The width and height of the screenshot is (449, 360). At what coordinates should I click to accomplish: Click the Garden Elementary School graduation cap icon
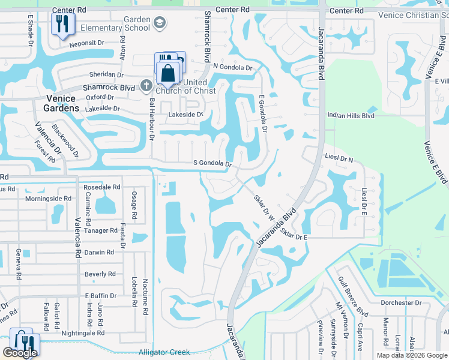pos(159,23)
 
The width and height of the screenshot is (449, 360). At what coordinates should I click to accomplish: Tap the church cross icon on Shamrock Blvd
pos(145,86)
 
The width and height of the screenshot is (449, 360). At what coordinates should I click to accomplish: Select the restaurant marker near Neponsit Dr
pos(62,24)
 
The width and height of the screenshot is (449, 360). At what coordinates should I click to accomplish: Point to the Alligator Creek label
pos(164,352)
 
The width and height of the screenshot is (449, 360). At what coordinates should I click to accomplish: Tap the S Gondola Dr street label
pos(212,163)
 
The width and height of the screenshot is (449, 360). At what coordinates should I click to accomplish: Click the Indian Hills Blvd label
pos(351,115)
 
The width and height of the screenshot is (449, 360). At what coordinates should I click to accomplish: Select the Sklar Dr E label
pos(294,238)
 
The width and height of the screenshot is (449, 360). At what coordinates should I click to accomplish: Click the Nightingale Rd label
pos(83,332)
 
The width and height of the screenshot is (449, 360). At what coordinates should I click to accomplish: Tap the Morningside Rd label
pos(48,198)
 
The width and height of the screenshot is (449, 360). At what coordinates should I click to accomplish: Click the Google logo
pos(20,353)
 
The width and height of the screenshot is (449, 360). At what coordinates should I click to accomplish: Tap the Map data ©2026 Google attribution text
pos(411,355)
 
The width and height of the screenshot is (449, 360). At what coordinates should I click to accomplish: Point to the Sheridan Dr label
pos(106,75)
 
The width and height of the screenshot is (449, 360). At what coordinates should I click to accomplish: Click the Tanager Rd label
pos(101,230)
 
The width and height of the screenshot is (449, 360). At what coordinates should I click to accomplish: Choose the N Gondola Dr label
pos(233,67)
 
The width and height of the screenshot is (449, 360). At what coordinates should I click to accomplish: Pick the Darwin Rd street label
pos(99,253)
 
